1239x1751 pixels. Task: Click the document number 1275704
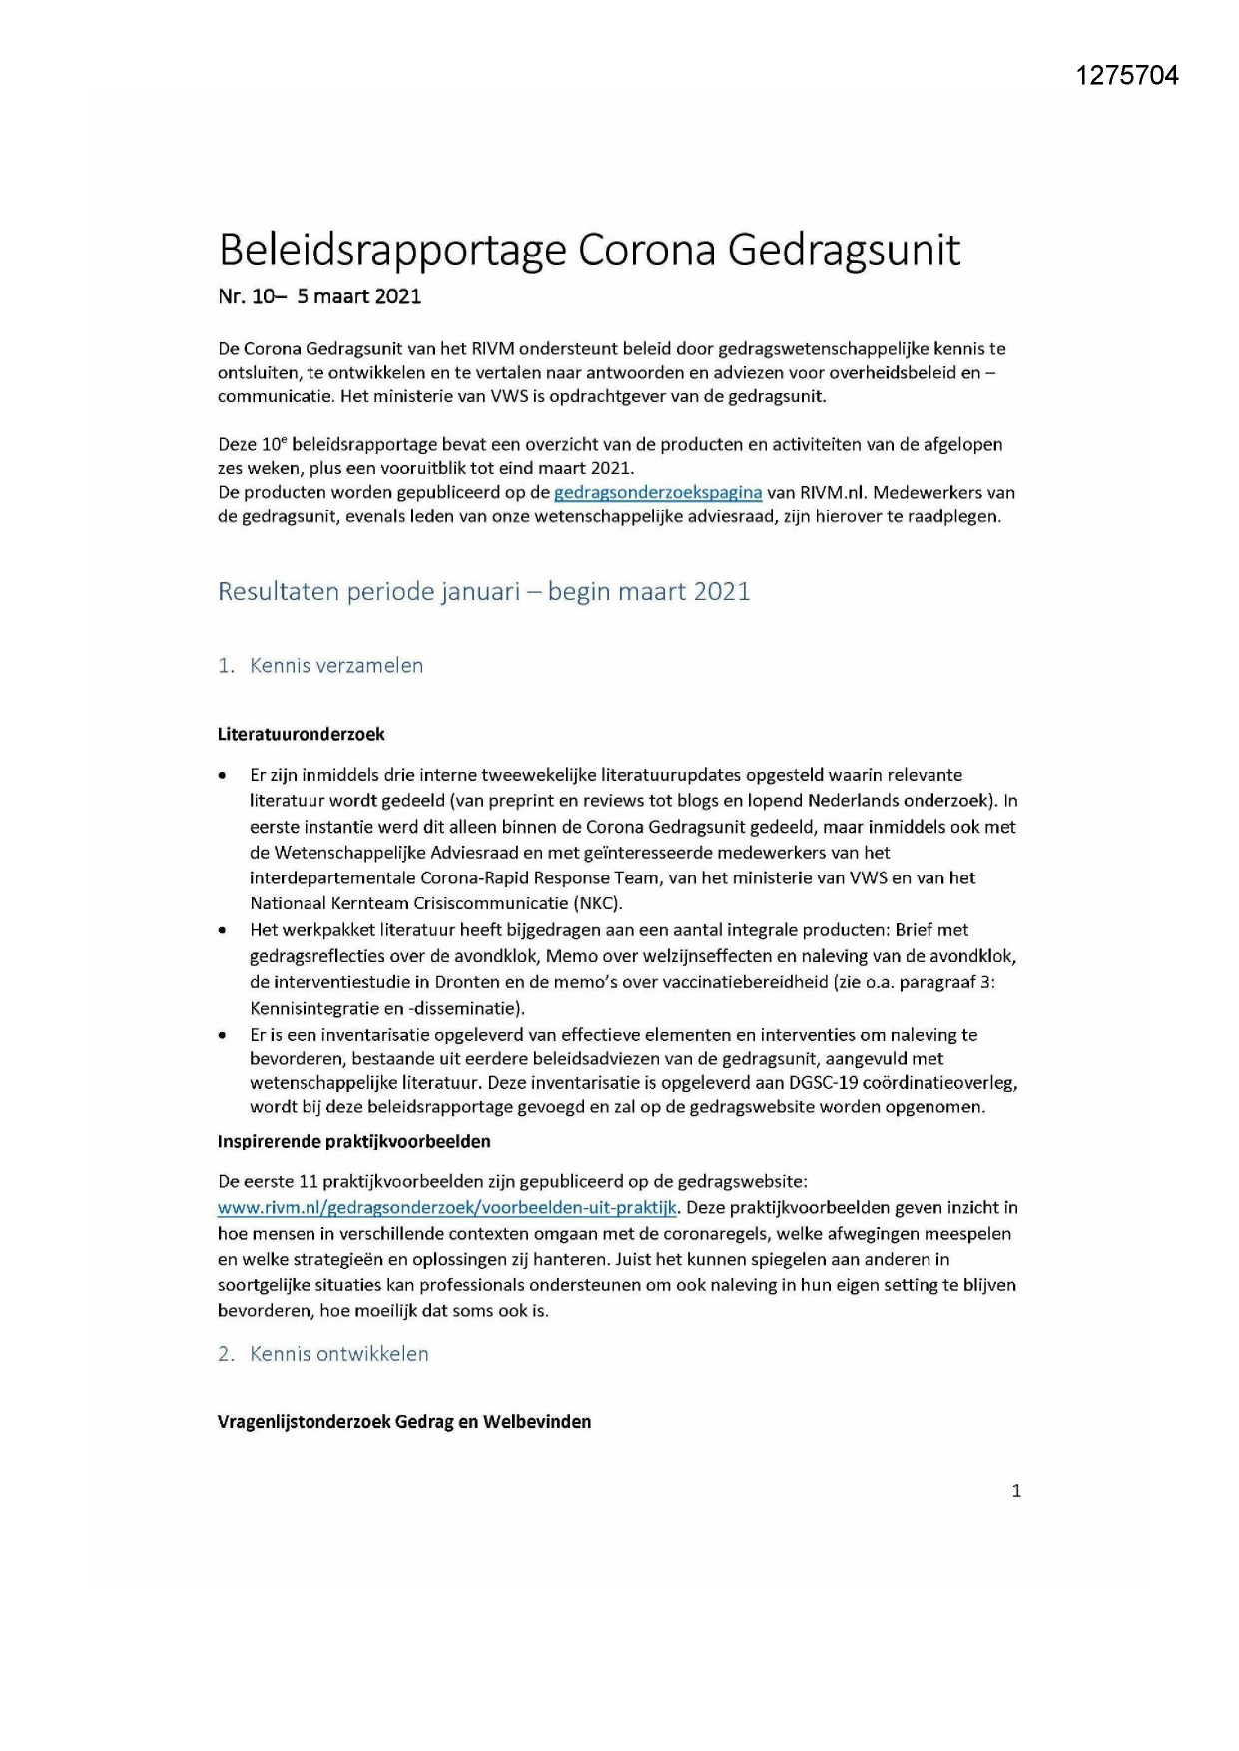(1127, 75)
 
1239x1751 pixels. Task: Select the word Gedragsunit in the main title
(843, 250)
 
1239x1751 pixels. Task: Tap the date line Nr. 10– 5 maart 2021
(319, 296)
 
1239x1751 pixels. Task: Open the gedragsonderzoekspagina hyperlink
(658, 492)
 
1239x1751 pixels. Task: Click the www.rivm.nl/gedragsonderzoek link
(447, 1207)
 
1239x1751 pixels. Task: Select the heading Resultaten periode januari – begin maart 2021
(483, 591)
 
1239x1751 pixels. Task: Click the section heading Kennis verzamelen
(335, 665)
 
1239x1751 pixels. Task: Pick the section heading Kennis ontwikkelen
(338, 1353)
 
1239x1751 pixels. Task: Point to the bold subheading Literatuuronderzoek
(301, 734)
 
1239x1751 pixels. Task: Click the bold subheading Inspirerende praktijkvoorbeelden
(353, 1140)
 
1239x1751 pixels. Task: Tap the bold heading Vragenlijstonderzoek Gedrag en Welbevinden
(403, 1421)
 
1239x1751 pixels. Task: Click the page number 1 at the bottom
(1016, 1491)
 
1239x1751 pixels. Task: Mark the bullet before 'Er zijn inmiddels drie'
(222, 775)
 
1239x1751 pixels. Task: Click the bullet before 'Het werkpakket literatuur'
(222, 930)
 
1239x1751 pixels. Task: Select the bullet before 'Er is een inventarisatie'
(222, 1035)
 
